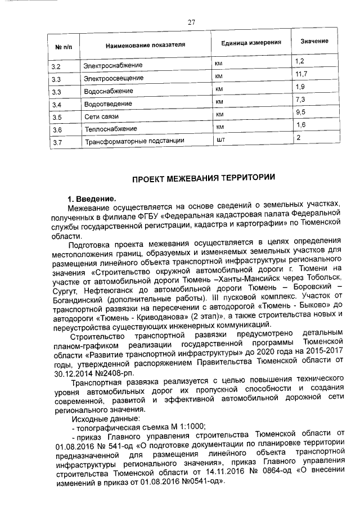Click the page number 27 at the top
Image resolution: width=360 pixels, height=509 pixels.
191,22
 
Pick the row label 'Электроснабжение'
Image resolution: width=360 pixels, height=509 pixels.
109,66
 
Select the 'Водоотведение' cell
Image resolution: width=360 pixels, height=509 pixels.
106,105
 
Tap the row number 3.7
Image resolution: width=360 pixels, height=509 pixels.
56,143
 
